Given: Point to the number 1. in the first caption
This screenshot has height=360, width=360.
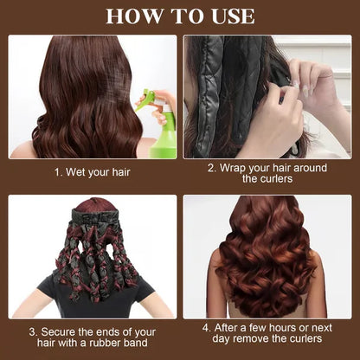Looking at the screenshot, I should pyautogui.click(x=58, y=172).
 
